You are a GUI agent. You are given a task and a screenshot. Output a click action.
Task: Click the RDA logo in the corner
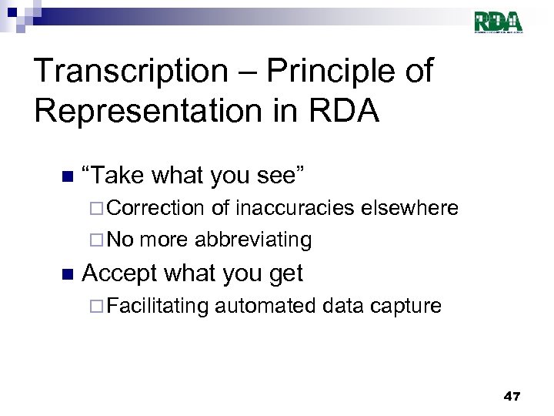pyautogui.click(x=498, y=22)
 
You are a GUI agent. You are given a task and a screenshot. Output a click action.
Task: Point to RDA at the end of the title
pyautogui.click(x=351, y=111)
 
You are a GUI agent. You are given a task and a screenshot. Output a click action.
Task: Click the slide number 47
pyautogui.click(x=512, y=396)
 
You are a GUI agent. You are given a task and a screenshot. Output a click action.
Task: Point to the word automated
pyautogui.click(x=265, y=306)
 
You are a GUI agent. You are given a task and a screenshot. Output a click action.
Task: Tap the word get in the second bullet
pyautogui.click(x=284, y=274)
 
